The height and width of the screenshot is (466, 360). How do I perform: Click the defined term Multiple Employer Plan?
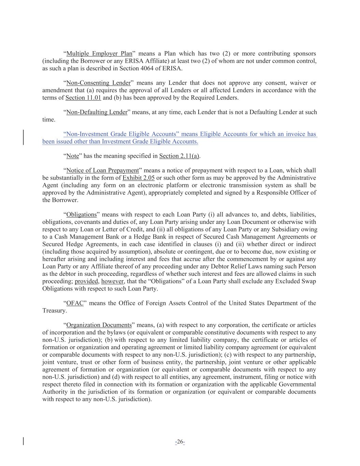[99, 54]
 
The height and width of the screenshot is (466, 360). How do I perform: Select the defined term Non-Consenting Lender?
[98, 83]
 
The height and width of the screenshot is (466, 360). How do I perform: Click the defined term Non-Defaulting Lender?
[97, 112]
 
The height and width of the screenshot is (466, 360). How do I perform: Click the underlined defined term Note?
[72, 156]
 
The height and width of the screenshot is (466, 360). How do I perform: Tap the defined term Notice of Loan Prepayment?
[102, 171]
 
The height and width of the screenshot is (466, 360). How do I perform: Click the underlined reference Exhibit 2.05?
[139, 178]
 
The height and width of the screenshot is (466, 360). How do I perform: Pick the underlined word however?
[112, 282]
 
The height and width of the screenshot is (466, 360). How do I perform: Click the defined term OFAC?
[75, 303]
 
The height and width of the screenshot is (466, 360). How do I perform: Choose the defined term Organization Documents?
[99, 325]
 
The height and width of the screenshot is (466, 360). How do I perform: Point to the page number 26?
[180, 442]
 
